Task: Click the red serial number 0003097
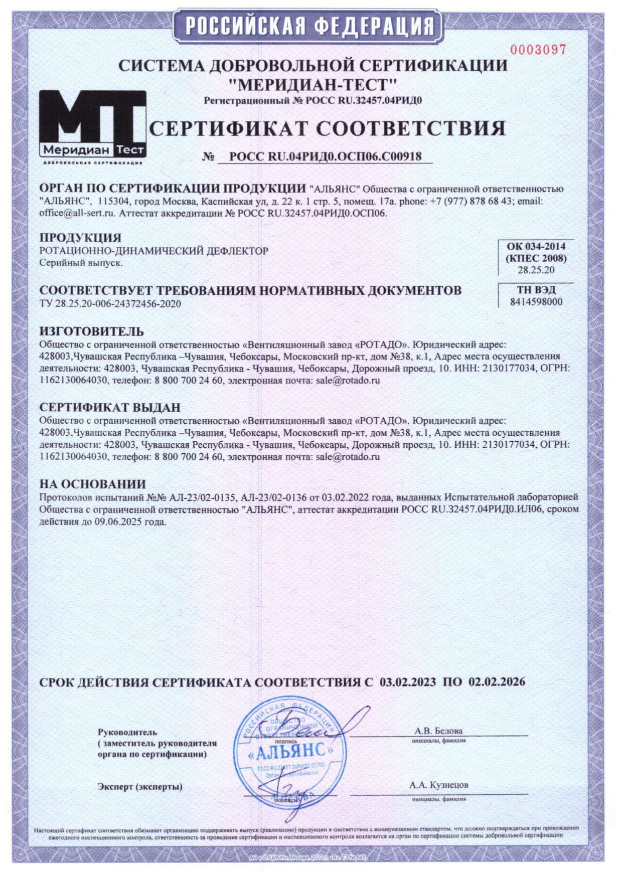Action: (x=538, y=50)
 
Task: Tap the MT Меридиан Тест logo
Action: (x=93, y=125)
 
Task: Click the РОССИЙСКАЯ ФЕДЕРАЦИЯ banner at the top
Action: (x=308, y=25)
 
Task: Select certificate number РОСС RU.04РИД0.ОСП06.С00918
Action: (x=325, y=156)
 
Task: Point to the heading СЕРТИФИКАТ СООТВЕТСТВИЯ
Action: (x=327, y=129)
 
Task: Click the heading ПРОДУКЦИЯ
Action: (x=80, y=237)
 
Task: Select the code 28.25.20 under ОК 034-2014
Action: (x=536, y=270)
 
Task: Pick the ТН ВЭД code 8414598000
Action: (x=536, y=302)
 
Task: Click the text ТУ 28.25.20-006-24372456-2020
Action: (x=110, y=303)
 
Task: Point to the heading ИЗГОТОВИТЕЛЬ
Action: (x=91, y=331)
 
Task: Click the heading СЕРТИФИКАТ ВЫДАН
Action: (x=110, y=407)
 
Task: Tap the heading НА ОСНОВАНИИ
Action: (x=93, y=484)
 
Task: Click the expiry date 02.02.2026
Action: (x=497, y=682)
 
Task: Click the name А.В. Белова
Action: (x=438, y=731)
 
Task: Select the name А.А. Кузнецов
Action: (x=438, y=785)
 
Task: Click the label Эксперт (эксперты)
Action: (x=140, y=786)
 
